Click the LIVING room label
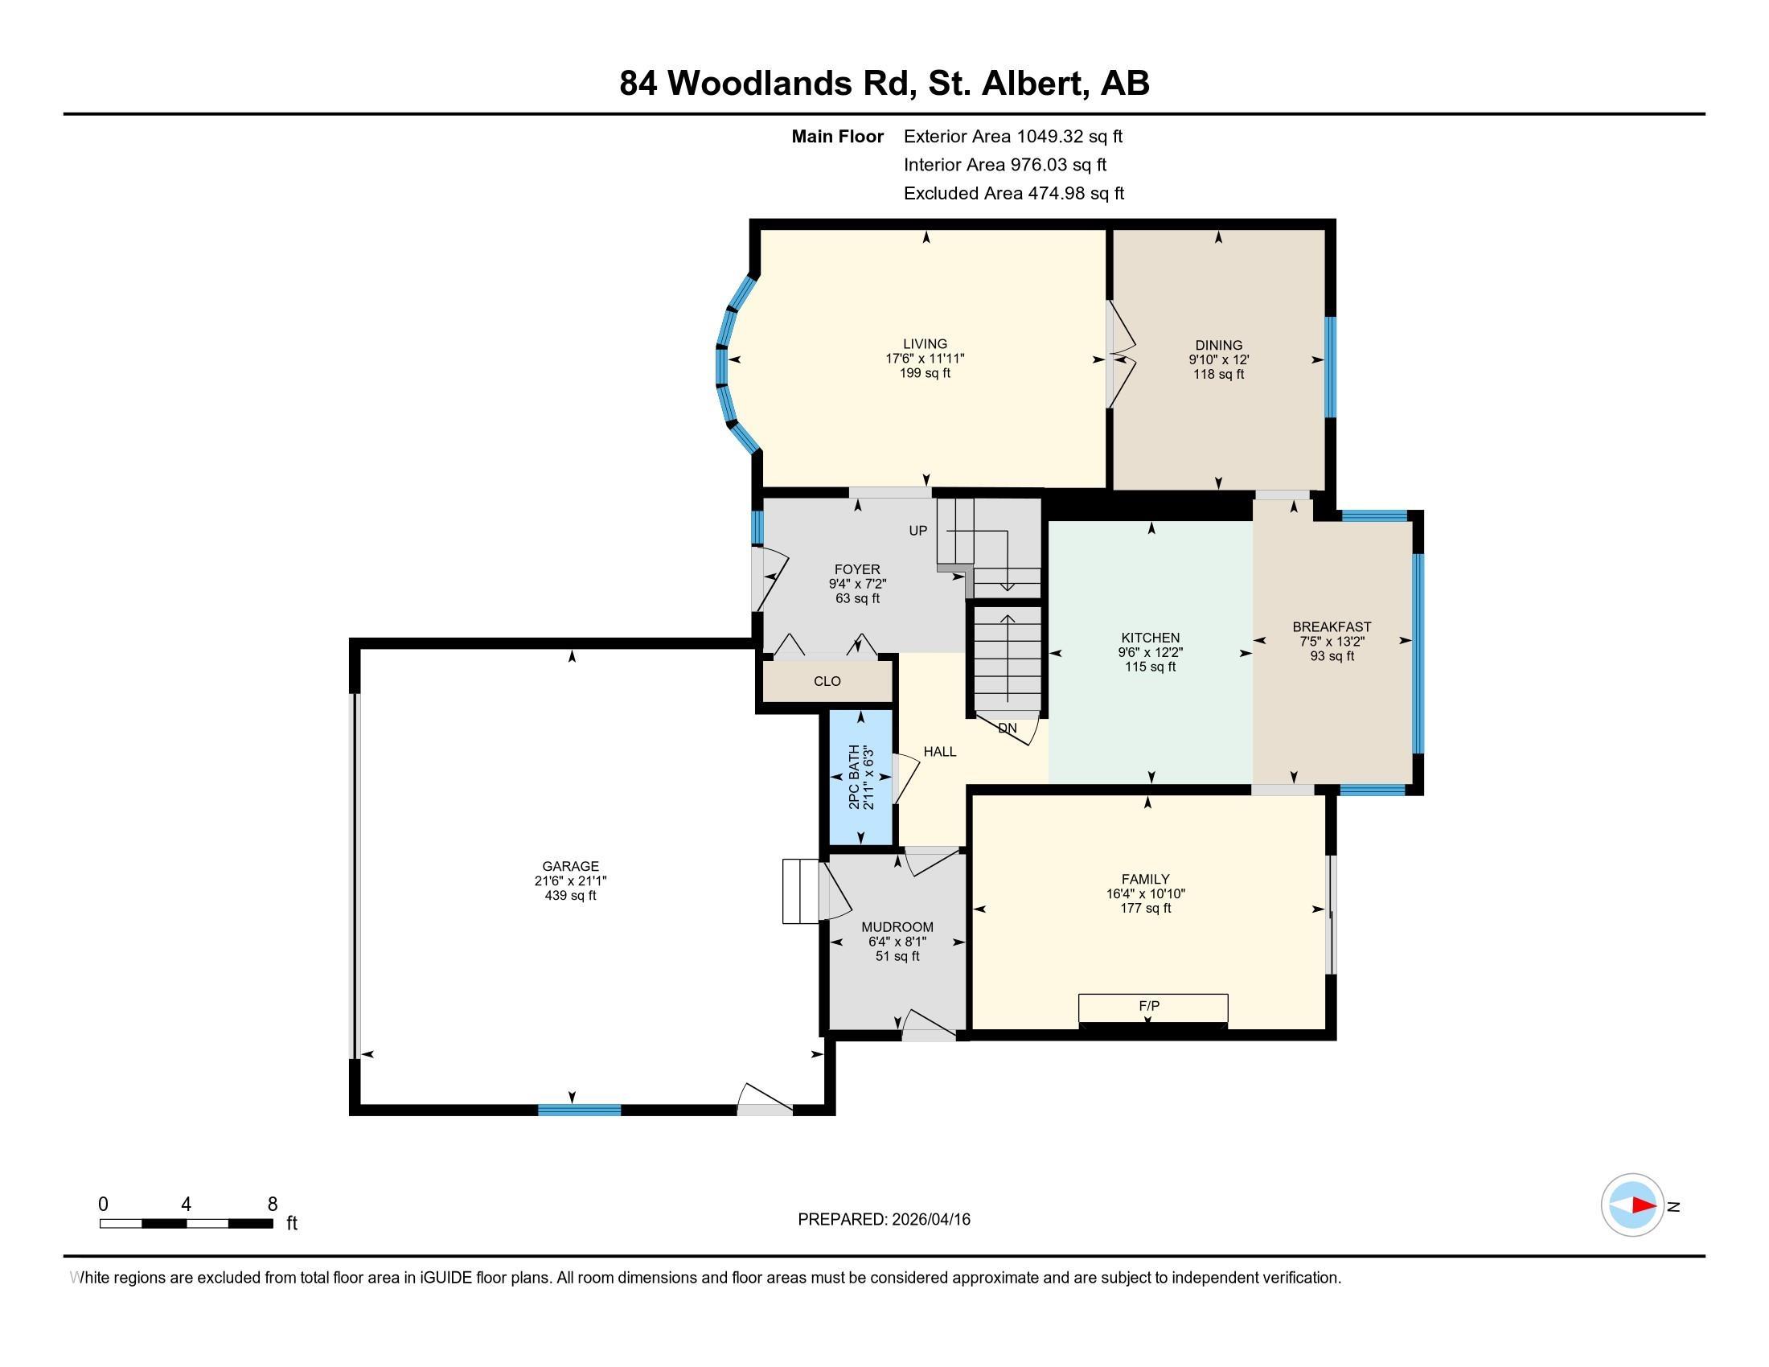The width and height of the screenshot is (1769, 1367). [925, 344]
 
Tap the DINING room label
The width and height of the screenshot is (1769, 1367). [1218, 345]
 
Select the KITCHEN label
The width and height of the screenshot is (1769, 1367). [1150, 638]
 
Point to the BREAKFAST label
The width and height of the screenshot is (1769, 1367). [1332, 627]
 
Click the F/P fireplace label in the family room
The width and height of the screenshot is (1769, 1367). [1149, 1006]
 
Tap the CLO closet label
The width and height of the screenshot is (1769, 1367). [827, 682]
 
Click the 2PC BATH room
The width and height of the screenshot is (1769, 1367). [860, 778]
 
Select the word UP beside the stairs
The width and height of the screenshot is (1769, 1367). [917, 532]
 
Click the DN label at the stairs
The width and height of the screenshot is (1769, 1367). [1007, 728]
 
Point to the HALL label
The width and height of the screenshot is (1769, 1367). [939, 752]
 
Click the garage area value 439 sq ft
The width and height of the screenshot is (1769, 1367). [570, 896]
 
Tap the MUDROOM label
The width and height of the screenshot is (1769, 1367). [897, 927]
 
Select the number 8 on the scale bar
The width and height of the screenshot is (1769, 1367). [272, 1205]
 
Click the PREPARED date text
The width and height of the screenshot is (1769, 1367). [884, 1220]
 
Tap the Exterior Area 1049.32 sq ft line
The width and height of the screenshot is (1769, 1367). [1012, 137]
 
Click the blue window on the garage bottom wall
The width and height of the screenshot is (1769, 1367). [579, 1110]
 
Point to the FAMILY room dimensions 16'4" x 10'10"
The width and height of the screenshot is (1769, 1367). [1146, 894]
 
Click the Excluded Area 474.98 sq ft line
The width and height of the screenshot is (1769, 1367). [1013, 194]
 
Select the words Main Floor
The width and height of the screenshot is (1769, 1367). [837, 137]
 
